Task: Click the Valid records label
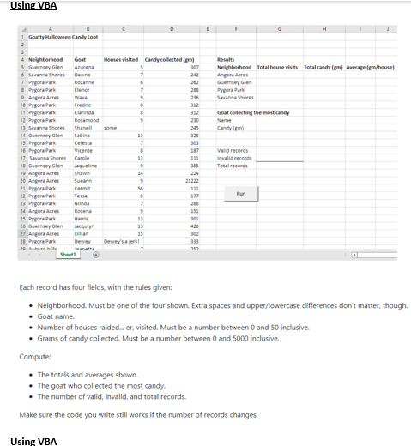[233, 149]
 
